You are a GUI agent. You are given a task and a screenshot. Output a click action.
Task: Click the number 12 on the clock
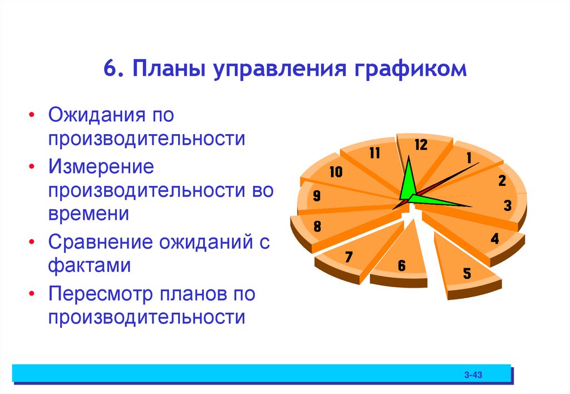coord(420,145)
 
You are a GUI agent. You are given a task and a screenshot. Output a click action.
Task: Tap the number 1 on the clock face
coord(469,159)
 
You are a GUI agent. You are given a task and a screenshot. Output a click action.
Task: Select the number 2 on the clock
coord(502,180)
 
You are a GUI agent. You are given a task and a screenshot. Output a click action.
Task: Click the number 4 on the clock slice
coord(494,240)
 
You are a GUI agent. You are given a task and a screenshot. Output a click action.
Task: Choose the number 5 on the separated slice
coord(466,273)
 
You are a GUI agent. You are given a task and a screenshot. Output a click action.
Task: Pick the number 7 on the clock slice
coord(348,257)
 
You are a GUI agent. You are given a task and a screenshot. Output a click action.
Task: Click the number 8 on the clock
coord(317,226)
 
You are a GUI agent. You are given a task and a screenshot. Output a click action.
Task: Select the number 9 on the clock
coord(316,196)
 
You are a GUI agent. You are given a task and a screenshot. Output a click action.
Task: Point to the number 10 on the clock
coord(336,172)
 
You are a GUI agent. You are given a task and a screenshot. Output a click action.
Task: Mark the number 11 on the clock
coord(374,153)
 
